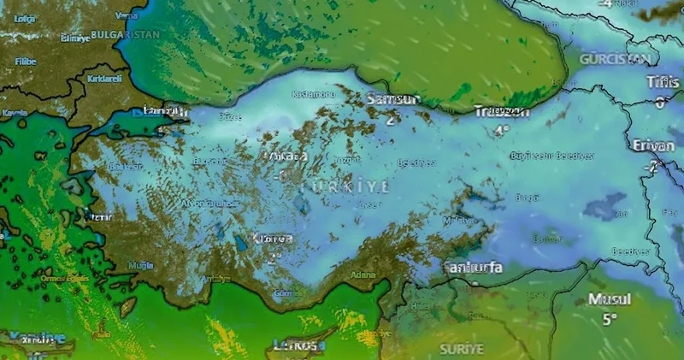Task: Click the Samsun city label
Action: tap(393, 100)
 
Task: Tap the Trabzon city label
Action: tap(502, 111)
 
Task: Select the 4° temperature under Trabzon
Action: tap(502, 130)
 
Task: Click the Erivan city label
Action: tap(654, 146)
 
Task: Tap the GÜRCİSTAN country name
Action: tap(616, 59)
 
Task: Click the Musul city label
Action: tap(609, 300)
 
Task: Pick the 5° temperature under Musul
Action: tap(609, 320)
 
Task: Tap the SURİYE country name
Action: tap(461, 350)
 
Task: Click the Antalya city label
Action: tap(215, 279)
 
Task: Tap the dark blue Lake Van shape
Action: tap(604, 205)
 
